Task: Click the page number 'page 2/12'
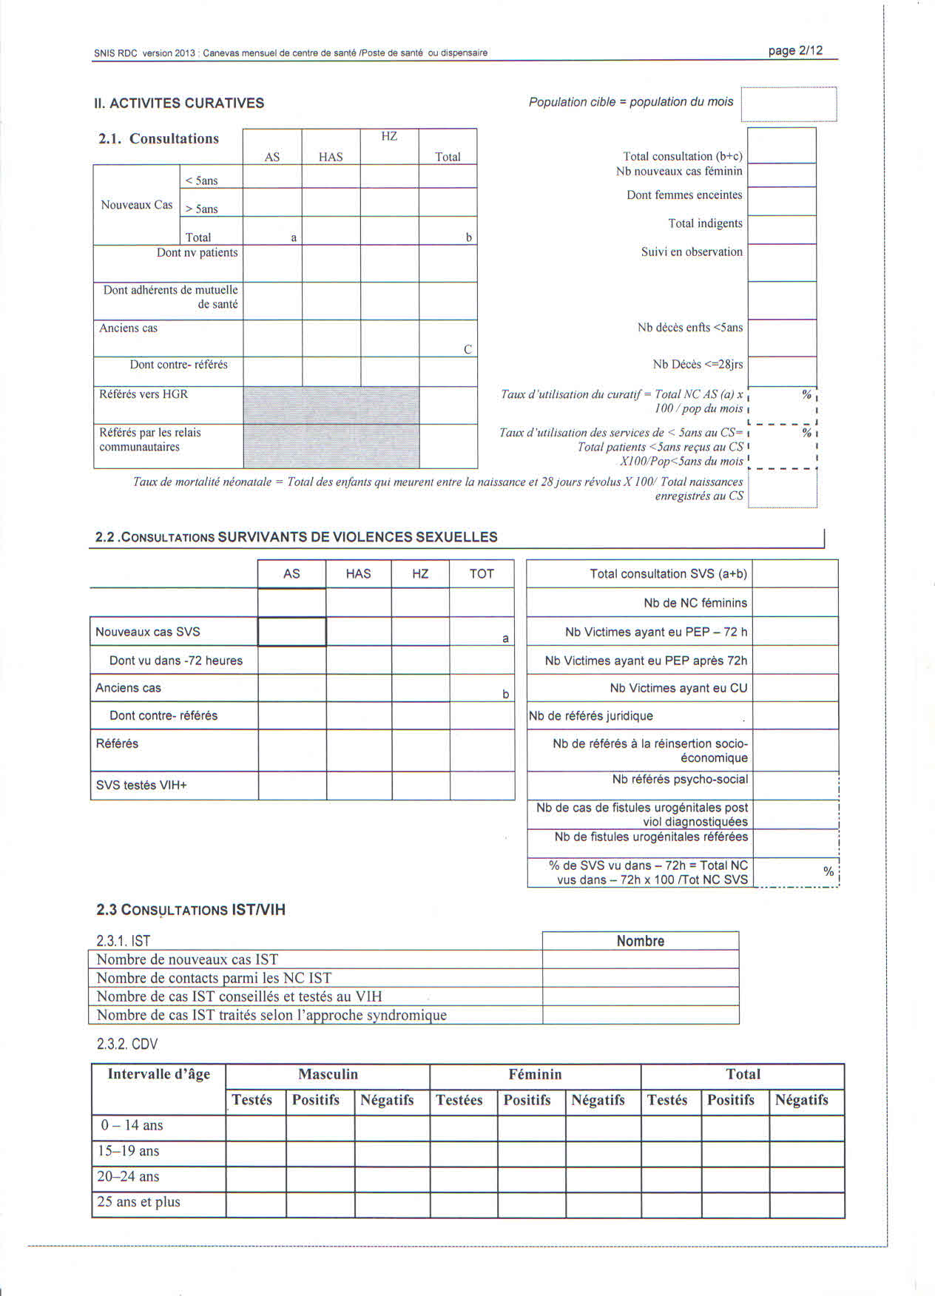pyautogui.click(x=795, y=50)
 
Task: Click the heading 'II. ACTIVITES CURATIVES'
pyautogui.click(x=179, y=103)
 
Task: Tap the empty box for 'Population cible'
pyautogui.click(x=789, y=104)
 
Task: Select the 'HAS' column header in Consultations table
pyautogui.click(x=331, y=157)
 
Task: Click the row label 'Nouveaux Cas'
pyautogui.click(x=137, y=205)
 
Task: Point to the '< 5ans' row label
pyautogui.click(x=201, y=180)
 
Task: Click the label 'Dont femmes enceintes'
pyautogui.click(x=684, y=195)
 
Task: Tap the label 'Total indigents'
pyautogui.click(x=705, y=223)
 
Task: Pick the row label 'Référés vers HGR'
pyautogui.click(x=144, y=394)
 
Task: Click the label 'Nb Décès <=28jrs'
pyautogui.click(x=698, y=364)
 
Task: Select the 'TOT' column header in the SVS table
pyautogui.click(x=482, y=573)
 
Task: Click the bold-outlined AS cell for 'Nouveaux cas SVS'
pyautogui.click(x=291, y=632)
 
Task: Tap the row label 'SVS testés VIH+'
pyautogui.click(x=141, y=785)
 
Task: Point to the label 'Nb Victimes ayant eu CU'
pyautogui.click(x=678, y=688)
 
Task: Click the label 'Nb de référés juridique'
pyautogui.click(x=591, y=715)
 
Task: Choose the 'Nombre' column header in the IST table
pyautogui.click(x=641, y=941)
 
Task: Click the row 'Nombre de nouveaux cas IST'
pyautogui.click(x=187, y=959)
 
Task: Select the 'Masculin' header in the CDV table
pyautogui.click(x=328, y=1074)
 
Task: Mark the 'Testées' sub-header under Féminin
pyautogui.click(x=459, y=1100)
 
